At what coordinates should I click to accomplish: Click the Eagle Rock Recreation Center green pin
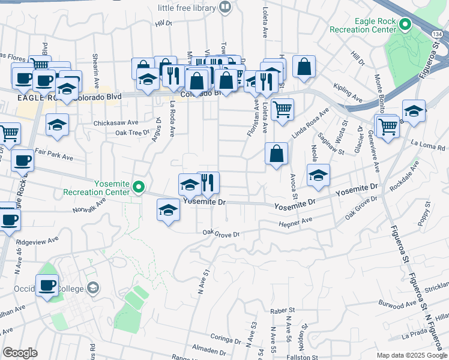point(405,25)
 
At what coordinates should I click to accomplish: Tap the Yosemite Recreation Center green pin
point(139,187)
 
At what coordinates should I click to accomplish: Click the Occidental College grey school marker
point(92,289)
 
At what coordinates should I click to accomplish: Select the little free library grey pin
point(225,7)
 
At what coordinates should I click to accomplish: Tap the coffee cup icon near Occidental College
point(47,286)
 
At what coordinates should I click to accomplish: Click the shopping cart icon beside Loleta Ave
point(282,110)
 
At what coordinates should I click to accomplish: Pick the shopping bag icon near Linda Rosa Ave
point(276,154)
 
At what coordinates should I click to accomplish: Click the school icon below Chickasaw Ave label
point(58,125)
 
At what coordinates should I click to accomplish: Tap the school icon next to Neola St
point(318,175)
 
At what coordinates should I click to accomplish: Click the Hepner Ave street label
point(295,223)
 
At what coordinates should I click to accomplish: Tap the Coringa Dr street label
point(225,338)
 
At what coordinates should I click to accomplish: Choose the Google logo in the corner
point(20,353)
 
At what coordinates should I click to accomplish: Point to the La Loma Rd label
point(427,145)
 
